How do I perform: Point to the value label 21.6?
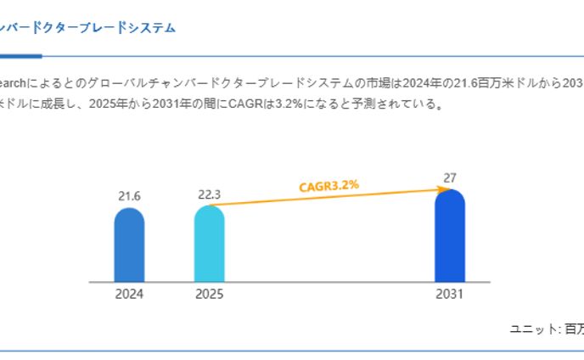click(x=129, y=196)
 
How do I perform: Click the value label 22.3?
click(x=209, y=194)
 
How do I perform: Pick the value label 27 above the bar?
click(x=450, y=178)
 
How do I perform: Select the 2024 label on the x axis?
click(x=129, y=295)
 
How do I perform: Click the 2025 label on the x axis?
click(x=209, y=295)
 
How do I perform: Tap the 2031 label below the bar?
click(x=450, y=295)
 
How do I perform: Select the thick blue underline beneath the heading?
click(x=20, y=56)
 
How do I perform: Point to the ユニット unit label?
click(x=532, y=328)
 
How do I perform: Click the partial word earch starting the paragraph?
click(x=14, y=83)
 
